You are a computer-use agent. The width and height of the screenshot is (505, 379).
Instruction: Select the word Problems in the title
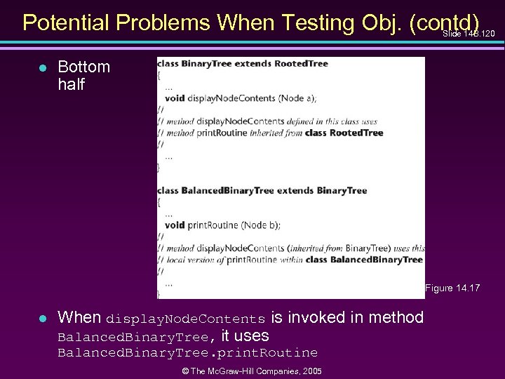(x=167, y=22)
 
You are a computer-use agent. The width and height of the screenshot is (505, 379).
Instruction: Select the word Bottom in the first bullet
(x=83, y=67)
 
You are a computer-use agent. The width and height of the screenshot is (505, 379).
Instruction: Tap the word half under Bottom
(x=72, y=84)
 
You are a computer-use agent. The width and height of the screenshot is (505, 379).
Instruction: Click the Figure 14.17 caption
(x=452, y=288)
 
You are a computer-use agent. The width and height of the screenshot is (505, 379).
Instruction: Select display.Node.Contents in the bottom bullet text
(x=185, y=319)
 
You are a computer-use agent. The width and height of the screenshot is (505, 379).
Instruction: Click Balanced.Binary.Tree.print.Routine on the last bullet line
(x=187, y=352)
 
